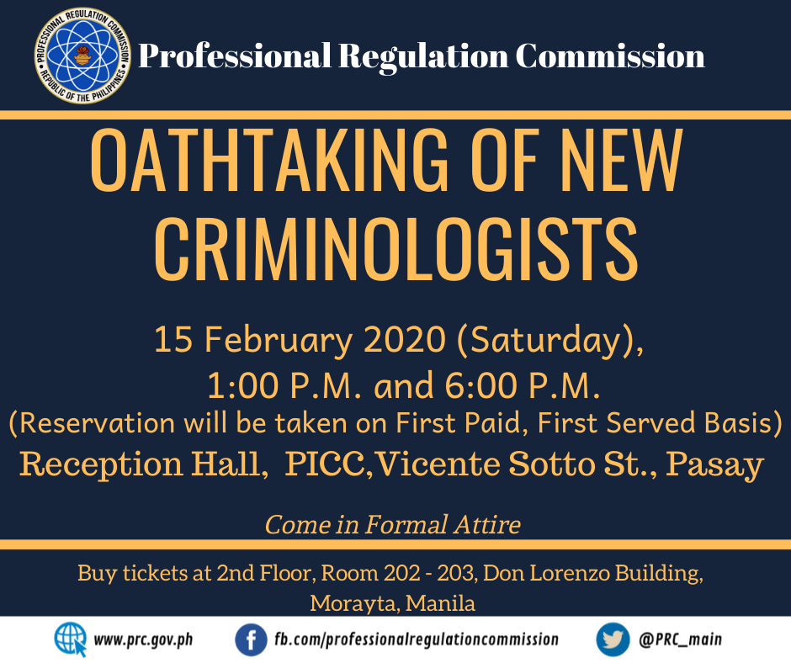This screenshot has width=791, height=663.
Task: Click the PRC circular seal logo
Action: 82,56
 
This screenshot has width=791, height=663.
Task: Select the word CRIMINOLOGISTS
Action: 396,249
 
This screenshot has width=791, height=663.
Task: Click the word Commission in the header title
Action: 610,56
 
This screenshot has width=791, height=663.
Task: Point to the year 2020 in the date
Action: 405,339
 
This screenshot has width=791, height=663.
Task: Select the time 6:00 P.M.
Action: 523,386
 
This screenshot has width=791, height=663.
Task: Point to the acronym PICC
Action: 326,464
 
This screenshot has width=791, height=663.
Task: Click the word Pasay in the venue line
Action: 714,465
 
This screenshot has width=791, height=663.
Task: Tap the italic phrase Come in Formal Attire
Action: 392,524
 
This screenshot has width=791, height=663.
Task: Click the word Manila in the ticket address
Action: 440,603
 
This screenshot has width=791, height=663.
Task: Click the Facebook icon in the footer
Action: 251,639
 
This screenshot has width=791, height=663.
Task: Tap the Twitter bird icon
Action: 613,639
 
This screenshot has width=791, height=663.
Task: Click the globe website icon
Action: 70,639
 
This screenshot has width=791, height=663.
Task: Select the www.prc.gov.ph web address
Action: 143,640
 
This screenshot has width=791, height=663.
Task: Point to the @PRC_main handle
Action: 680,639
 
